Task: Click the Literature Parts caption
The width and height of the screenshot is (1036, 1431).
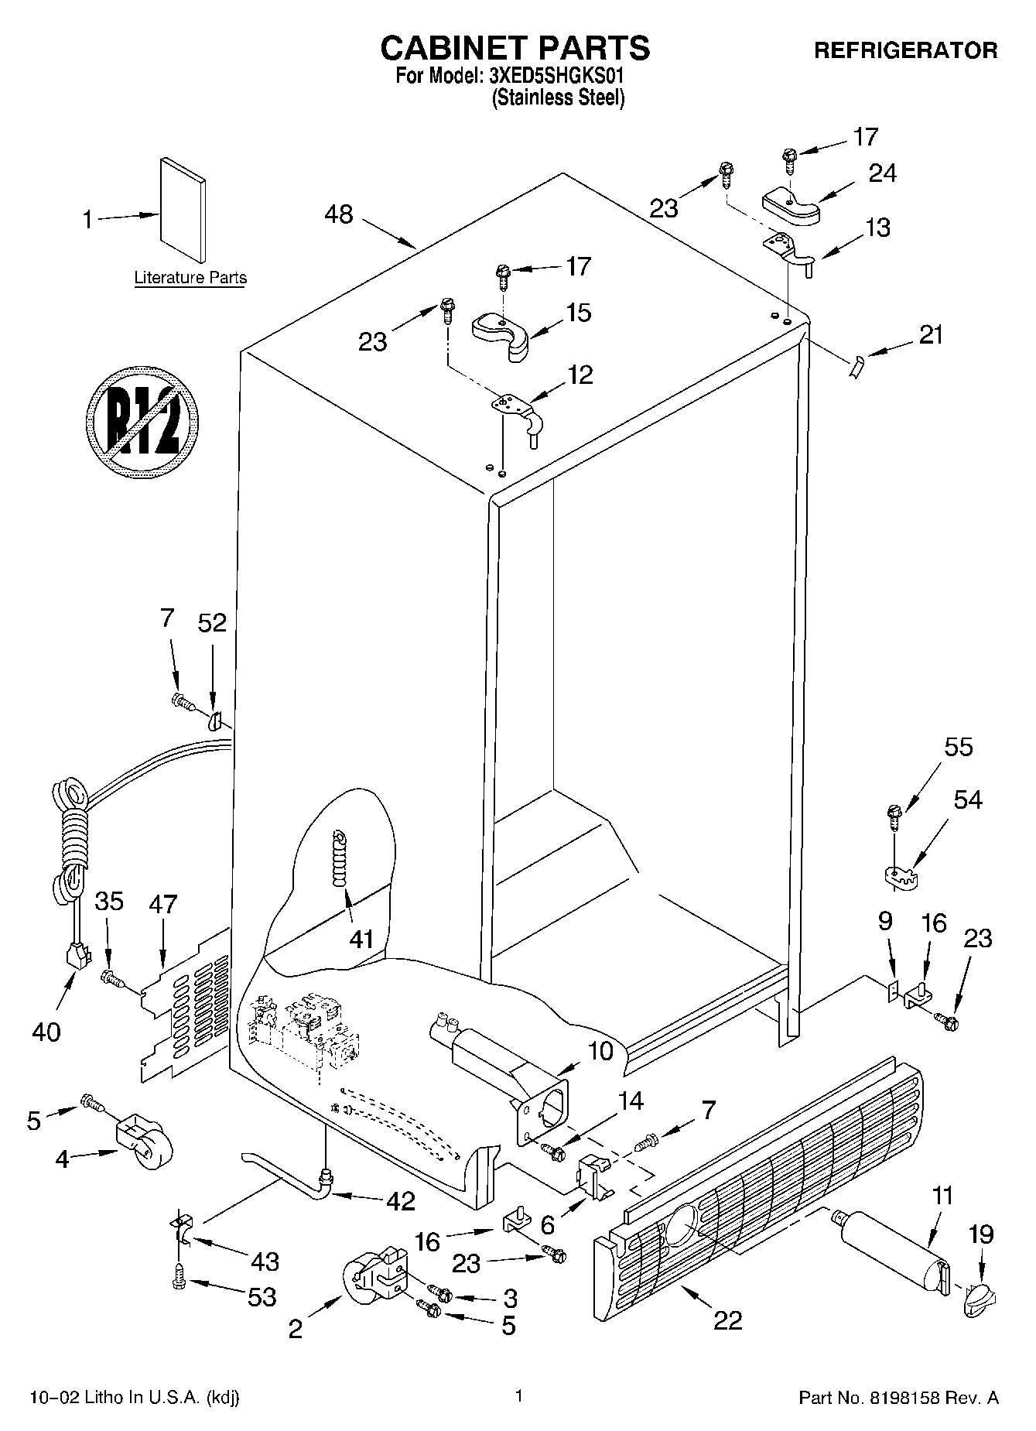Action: click(190, 278)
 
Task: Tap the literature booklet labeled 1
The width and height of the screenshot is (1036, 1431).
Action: click(183, 210)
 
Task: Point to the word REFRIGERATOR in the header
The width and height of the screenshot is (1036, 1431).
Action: click(905, 51)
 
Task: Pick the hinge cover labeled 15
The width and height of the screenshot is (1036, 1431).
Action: click(501, 334)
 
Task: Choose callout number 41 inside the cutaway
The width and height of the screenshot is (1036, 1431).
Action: click(361, 940)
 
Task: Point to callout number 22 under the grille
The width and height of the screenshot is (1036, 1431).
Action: click(727, 1319)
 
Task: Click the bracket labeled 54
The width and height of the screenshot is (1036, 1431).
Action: click(900, 875)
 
